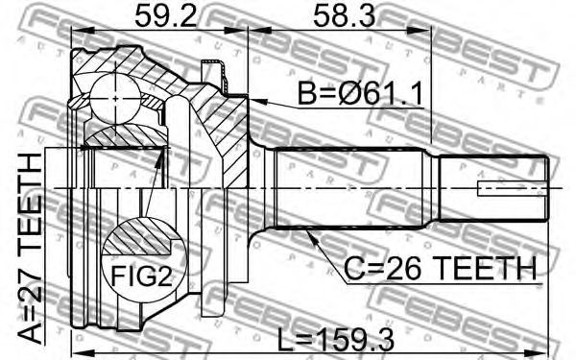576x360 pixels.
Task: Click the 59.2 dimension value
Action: tap(167, 15)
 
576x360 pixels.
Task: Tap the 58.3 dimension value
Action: tap(345, 15)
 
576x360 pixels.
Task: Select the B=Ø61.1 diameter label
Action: tap(360, 93)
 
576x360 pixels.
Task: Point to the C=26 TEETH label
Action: tap(440, 269)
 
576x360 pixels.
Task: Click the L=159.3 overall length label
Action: tap(335, 340)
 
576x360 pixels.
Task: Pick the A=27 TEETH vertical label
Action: tap(30, 249)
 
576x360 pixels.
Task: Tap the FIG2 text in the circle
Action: tap(141, 276)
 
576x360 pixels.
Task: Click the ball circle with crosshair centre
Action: tap(115, 99)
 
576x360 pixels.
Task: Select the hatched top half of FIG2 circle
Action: tap(138, 236)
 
